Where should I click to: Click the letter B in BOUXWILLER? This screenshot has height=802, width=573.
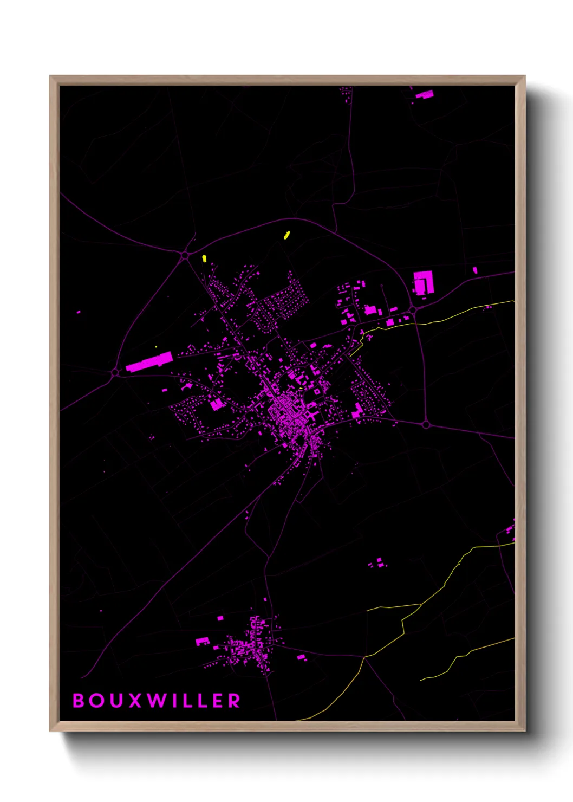79,701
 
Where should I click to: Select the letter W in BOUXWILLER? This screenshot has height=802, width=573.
158,701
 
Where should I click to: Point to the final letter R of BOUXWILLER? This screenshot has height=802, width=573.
234,701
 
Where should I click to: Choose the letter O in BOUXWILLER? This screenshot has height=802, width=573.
97,701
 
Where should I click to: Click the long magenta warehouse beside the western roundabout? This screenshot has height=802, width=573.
149,361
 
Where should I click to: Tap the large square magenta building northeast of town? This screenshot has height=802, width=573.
422,283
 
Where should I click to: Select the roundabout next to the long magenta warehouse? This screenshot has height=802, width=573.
115,372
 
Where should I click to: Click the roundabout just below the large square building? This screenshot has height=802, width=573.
413,310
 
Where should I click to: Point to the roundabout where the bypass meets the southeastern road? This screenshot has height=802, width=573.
426,424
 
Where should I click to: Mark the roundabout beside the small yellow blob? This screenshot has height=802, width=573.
185,254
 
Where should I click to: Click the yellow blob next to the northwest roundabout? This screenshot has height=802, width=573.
204,258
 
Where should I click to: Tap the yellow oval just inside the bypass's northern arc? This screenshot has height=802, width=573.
287,235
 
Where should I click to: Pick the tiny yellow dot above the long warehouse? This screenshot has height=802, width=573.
156,347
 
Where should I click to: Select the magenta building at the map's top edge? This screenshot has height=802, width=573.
424,95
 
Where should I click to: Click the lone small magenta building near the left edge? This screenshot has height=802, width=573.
79,312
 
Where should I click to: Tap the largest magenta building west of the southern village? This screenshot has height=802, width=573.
202,642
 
